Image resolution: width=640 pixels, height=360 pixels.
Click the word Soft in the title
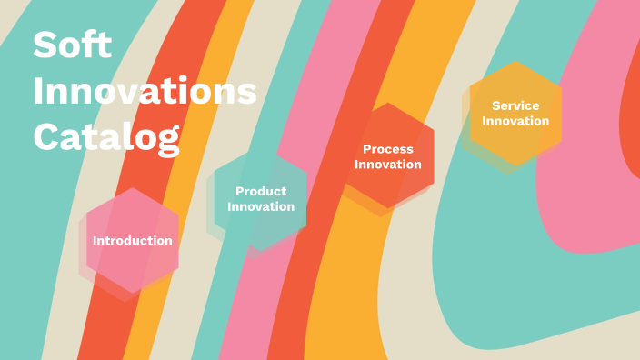click(72, 45)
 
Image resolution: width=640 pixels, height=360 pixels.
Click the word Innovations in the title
click(145, 92)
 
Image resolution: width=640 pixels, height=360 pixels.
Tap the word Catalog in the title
click(105, 136)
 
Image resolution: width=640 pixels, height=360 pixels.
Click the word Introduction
click(133, 241)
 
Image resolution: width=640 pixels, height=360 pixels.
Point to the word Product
click(261, 191)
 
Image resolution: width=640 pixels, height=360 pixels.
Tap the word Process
click(388, 149)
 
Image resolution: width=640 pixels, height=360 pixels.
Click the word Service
click(515, 105)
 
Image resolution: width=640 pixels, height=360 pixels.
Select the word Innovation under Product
click(261, 206)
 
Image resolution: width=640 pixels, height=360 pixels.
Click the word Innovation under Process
click(388, 165)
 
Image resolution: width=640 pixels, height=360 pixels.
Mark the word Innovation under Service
click(515, 121)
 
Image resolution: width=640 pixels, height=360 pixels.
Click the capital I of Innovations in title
click(38, 92)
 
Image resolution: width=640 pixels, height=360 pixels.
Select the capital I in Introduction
click(95, 241)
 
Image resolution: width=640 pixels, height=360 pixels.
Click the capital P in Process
click(366, 149)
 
